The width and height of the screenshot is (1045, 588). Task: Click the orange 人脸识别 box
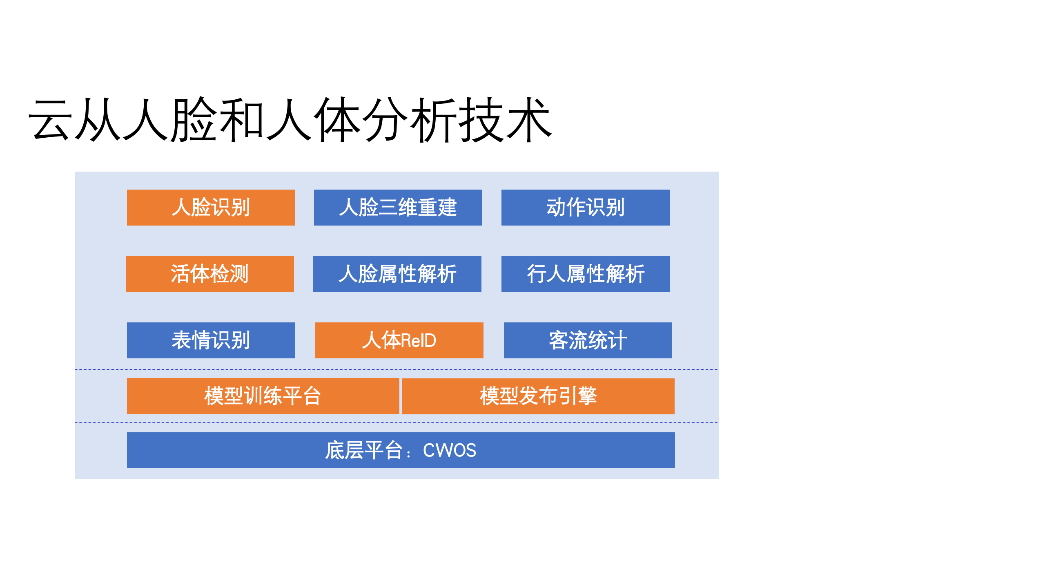pyautogui.click(x=211, y=207)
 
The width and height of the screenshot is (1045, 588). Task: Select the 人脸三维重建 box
pyautogui.click(x=398, y=207)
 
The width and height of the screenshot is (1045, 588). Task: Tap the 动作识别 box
pyautogui.click(x=585, y=207)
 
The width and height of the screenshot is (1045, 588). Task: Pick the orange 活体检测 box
pyautogui.click(x=209, y=274)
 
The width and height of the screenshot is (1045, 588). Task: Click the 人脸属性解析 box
pyautogui.click(x=397, y=274)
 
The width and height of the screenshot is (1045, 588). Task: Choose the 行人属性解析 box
pyautogui.click(x=585, y=274)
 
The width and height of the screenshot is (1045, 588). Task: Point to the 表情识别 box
pyautogui.click(x=211, y=340)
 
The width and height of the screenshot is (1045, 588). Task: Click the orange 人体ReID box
pyautogui.click(x=399, y=340)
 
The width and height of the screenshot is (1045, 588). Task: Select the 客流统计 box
pyautogui.click(x=588, y=340)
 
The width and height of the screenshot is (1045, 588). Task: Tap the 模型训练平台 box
pyautogui.click(x=263, y=396)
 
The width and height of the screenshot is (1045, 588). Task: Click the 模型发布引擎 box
pyautogui.click(x=538, y=396)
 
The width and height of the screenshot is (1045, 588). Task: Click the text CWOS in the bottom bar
pyautogui.click(x=449, y=450)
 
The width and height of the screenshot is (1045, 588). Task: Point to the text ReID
pyautogui.click(x=419, y=340)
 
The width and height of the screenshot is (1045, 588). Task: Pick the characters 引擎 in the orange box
pyautogui.click(x=577, y=396)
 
